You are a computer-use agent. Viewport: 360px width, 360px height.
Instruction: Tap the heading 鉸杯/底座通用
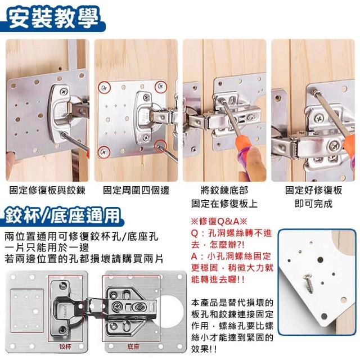click(x=62, y=215)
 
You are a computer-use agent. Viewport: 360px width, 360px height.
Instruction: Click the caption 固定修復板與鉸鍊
click(x=47, y=190)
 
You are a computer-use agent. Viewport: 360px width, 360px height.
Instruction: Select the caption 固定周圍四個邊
click(x=136, y=190)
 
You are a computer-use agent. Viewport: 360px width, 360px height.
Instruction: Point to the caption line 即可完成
click(x=313, y=204)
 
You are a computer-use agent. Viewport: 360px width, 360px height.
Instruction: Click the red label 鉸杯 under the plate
click(x=65, y=346)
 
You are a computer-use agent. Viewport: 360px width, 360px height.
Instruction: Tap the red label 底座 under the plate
click(x=133, y=346)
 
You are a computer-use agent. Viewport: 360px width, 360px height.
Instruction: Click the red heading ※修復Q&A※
click(x=219, y=222)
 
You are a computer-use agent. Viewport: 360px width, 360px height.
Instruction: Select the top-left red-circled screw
click(x=105, y=88)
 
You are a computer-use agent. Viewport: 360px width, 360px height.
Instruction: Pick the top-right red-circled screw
click(x=161, y=87)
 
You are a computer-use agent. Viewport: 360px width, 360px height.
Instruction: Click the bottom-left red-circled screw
click(x=104, y=151)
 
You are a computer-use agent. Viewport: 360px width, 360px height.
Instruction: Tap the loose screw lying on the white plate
click(x=308, y=283)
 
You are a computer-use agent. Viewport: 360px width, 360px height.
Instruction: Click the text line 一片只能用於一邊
click(x=47, y=247)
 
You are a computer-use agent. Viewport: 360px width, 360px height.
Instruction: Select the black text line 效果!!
click(x=204, y=349)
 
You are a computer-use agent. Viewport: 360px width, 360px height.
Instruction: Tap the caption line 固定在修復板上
click(x=224, y=204)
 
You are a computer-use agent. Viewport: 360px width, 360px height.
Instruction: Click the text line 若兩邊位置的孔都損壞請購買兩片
click(x=84, y=259)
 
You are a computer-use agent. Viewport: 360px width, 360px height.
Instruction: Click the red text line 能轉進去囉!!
click(x=218, y=280)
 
